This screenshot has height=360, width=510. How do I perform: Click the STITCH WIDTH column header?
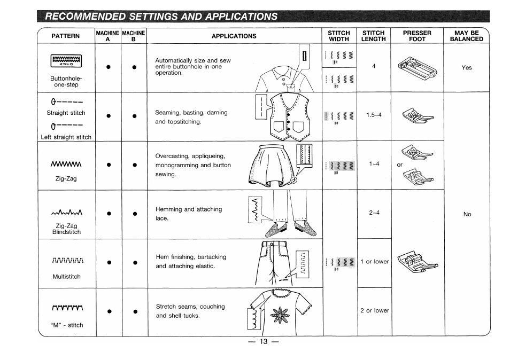[x=339, y=36]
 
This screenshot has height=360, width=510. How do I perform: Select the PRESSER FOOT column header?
[x=417, y=36]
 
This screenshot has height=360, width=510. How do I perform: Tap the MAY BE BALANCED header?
[x=466, y=36]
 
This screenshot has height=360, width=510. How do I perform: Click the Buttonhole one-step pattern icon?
[x=66, y=62]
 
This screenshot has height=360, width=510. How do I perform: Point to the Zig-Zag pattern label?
[x=66, y=178]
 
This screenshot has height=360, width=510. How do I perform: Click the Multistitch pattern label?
[x=66, y=277]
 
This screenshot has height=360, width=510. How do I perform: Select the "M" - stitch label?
[x=66, y=325]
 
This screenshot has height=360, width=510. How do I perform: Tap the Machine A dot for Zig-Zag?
[x=109, y=164]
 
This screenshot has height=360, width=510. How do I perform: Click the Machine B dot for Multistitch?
[x=135, y=262]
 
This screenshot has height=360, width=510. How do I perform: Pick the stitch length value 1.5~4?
[x=374, y=115]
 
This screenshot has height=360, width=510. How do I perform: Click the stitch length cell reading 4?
[x=374, y=67]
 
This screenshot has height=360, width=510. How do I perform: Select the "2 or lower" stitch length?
[x=374, y=310]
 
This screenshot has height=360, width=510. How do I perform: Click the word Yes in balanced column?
[x=467, y=68]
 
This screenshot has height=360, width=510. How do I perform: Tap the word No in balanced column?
[x=467, y=214]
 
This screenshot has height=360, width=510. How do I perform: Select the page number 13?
[x=262, y=342]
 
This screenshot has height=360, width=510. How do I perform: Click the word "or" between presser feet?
[x=399, y=165]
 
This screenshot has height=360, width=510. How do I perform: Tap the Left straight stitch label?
[x=66, y=137]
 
